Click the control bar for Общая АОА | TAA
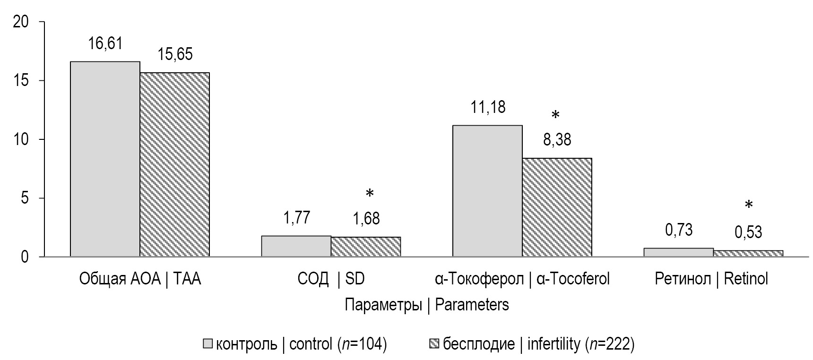(105, 159)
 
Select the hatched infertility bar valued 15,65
(174, 165)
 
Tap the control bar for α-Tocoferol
(487, 191)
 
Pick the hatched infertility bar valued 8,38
(557, 207)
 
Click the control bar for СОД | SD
(296, 246)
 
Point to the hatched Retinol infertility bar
(748, 253)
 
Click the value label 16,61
(105, 44)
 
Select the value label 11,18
(487, 107)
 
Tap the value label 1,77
(296, 218)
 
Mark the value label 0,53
(748, 232)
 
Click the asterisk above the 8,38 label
(556, 115)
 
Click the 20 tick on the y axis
(22, 22)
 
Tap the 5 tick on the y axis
(26, 198)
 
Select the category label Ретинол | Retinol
(711, 279)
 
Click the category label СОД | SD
(331, 279)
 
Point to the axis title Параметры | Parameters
(426, 305)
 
